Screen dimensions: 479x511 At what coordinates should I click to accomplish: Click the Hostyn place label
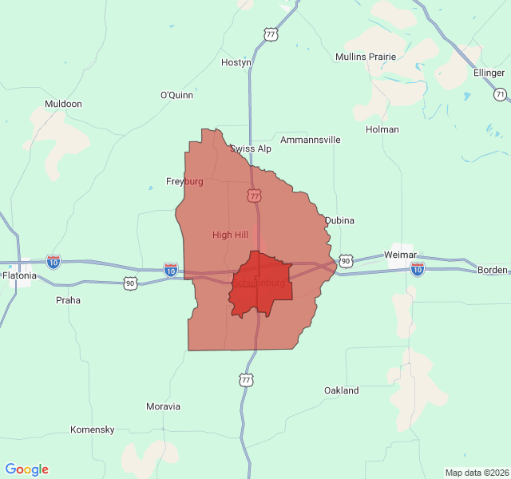236,62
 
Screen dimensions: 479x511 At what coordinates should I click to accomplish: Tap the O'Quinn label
176,95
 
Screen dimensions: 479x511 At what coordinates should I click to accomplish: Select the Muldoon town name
63,104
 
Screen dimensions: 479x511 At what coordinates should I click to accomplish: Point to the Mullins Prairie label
366,57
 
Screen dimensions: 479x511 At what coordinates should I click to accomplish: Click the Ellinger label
489,73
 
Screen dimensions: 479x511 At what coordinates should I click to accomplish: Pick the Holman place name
382,129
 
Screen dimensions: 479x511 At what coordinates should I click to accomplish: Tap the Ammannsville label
310,140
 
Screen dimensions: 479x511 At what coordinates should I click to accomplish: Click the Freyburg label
184,181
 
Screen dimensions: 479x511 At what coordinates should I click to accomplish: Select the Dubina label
339,220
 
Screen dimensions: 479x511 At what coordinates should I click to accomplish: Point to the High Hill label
230,235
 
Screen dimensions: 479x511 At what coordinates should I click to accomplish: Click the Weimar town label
401,254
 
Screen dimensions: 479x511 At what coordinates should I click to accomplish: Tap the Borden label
492,270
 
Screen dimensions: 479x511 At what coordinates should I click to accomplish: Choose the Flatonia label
19,275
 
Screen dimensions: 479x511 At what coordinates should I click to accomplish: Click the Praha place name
68,301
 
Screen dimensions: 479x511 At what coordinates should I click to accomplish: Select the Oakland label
341,390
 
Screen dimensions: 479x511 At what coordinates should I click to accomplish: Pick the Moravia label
163,406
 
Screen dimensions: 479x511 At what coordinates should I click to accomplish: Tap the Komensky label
93,430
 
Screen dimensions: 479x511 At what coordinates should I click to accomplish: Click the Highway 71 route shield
500,94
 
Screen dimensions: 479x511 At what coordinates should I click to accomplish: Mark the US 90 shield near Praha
130,283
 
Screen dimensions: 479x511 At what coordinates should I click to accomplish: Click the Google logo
27,469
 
